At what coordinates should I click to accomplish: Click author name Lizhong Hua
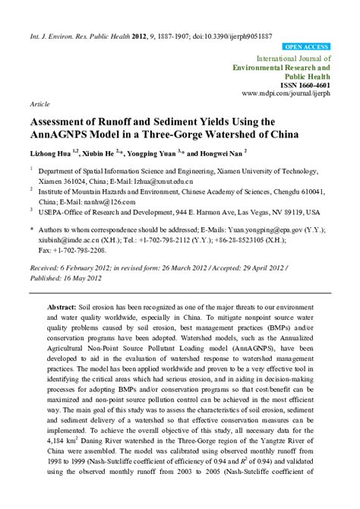(52, 154)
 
